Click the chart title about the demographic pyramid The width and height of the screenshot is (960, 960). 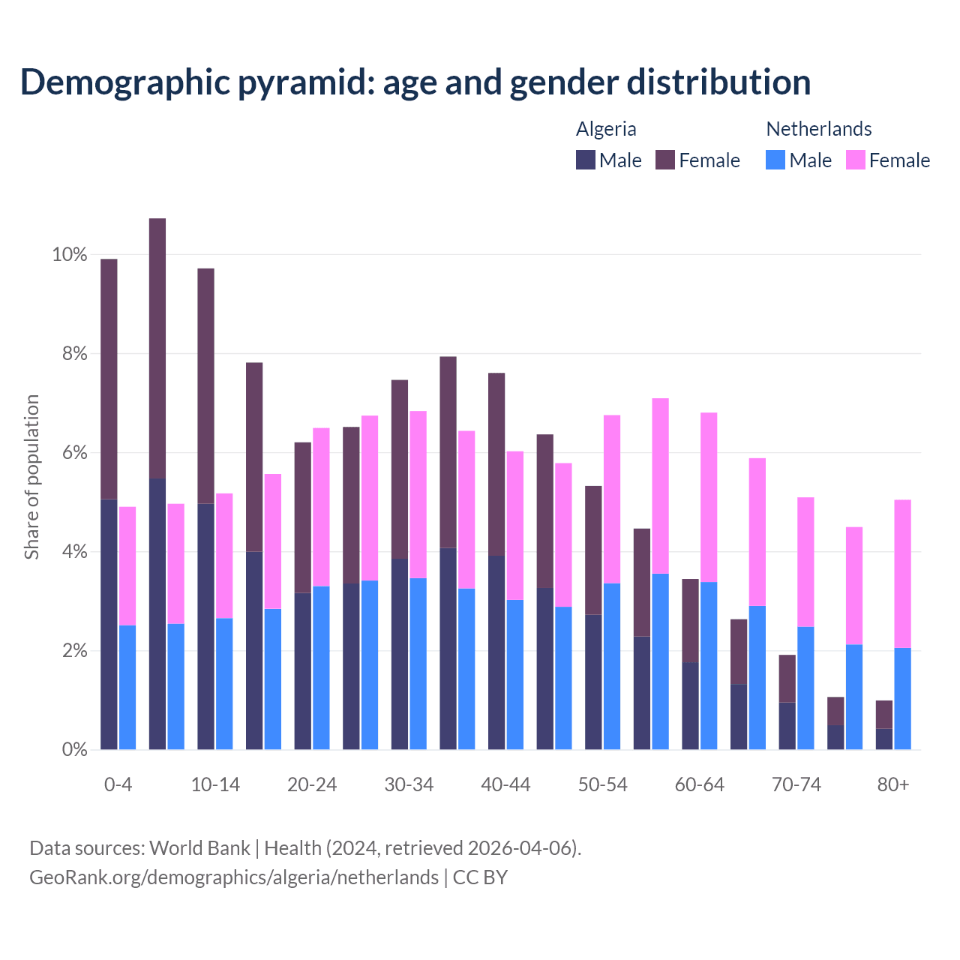point(415,82)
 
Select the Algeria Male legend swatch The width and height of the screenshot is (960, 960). point(586,160)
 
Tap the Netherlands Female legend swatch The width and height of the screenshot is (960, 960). point(855,160)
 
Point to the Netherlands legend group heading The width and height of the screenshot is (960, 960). point(818,129)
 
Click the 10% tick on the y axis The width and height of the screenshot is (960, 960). point(69,255)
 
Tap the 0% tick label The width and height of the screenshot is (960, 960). point(73,749)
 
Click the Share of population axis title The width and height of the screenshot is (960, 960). point(31,477)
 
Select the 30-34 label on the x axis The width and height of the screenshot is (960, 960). point(409,784)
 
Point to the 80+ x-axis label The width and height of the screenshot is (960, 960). point(893,784)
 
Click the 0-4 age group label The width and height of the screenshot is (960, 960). point(118,784)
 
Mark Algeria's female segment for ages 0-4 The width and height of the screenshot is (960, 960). point(109,379)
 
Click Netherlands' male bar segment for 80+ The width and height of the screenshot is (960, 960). point(902,698)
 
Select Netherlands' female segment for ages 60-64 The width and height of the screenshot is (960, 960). point(709,497)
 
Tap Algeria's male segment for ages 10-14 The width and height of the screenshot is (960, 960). point(205,626)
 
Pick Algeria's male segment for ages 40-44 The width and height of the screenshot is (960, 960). point(496,652)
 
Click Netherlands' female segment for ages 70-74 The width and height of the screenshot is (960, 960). point(805,562)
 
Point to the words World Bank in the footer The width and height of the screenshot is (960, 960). point(199,848)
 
